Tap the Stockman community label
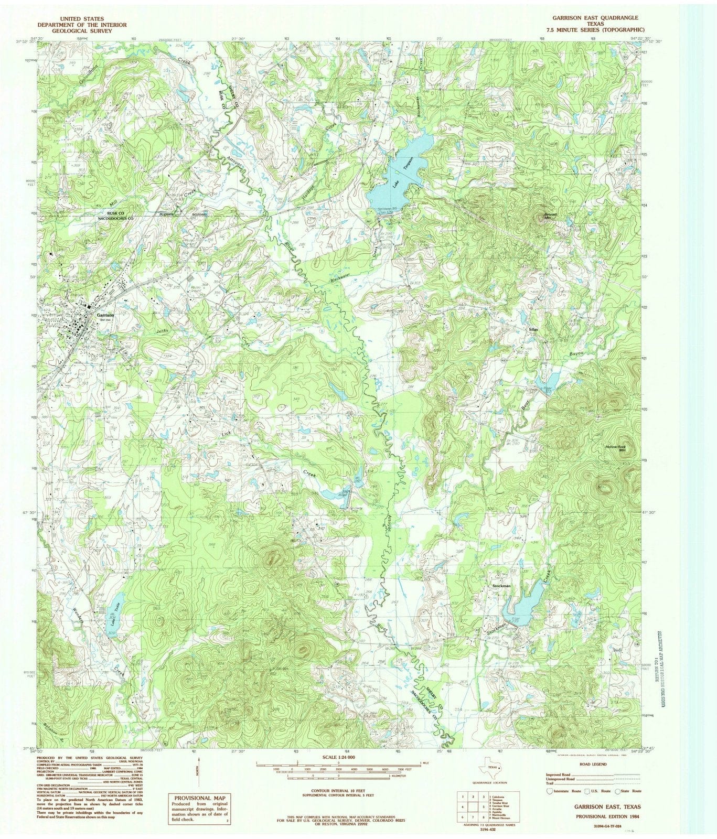pos(501,586)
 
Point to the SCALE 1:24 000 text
pos(339,757)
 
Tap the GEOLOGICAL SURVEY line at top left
pos(81,31)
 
